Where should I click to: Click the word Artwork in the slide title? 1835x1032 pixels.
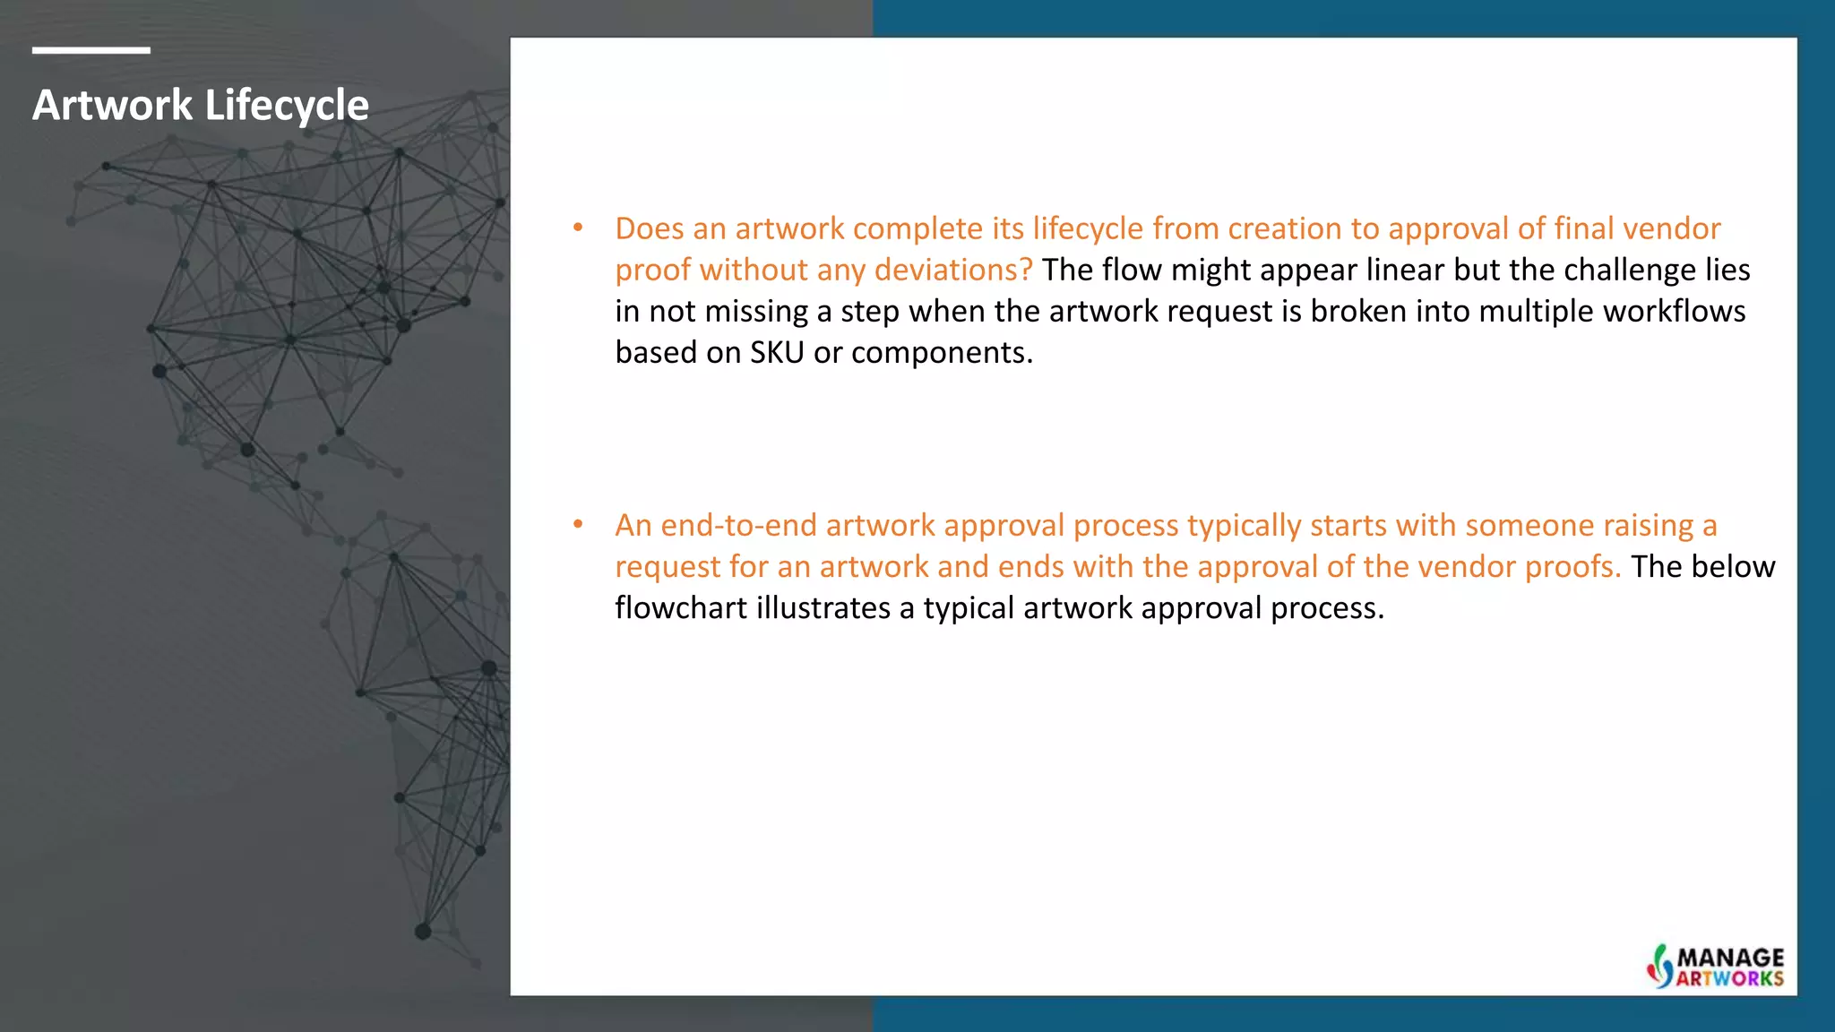(112, 105)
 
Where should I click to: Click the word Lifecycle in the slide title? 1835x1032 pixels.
(287, 107)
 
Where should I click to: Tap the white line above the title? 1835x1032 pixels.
(90, 50)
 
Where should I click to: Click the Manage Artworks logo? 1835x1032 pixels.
(1715, 967)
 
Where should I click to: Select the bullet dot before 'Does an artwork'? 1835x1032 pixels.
(579, 228)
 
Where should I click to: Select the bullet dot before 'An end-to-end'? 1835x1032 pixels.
(579, 525)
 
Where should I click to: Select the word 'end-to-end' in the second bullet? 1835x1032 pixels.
(739, 525)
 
